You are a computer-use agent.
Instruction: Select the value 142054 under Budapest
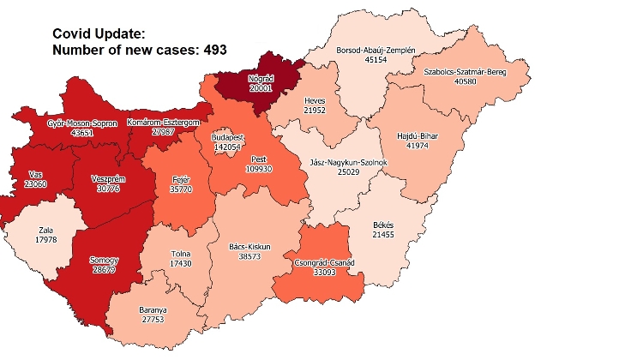tap(228, 147)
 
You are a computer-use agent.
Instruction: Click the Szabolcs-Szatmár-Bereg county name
tap(465, 73)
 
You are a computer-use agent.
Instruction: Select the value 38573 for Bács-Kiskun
tap(250, 256)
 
